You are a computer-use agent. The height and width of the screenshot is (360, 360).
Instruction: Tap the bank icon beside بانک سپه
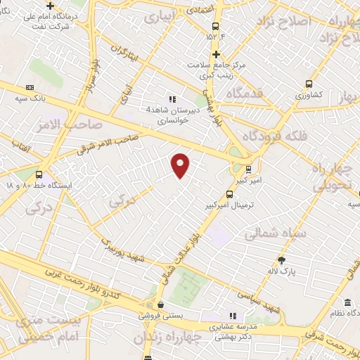pos(30,87)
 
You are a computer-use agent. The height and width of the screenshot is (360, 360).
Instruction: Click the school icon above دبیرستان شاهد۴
pos(173,100)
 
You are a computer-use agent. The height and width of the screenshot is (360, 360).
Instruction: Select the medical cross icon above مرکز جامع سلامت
pos(217,54)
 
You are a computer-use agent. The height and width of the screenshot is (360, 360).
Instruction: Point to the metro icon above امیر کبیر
pos(247,169)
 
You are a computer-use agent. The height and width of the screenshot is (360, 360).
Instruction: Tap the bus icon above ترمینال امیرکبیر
pos(229,194)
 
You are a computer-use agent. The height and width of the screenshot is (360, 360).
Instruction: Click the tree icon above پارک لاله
pos(282,259)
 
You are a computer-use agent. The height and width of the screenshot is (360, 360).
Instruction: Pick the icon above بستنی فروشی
pos(162,305)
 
